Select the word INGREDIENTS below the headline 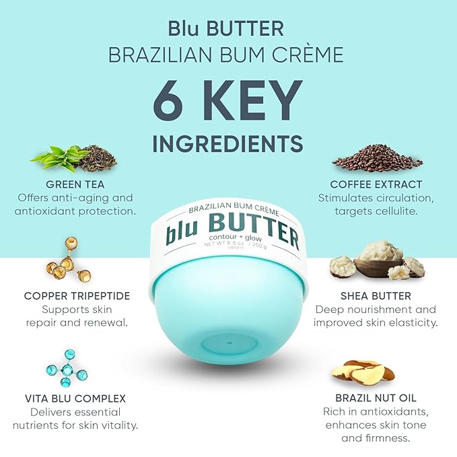[x=228, y=143]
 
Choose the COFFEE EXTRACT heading [x=376, y=184]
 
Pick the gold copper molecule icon [x=67, y=259]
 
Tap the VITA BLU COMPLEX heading [x=75, y=398]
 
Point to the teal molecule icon [x=67, y=365]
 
